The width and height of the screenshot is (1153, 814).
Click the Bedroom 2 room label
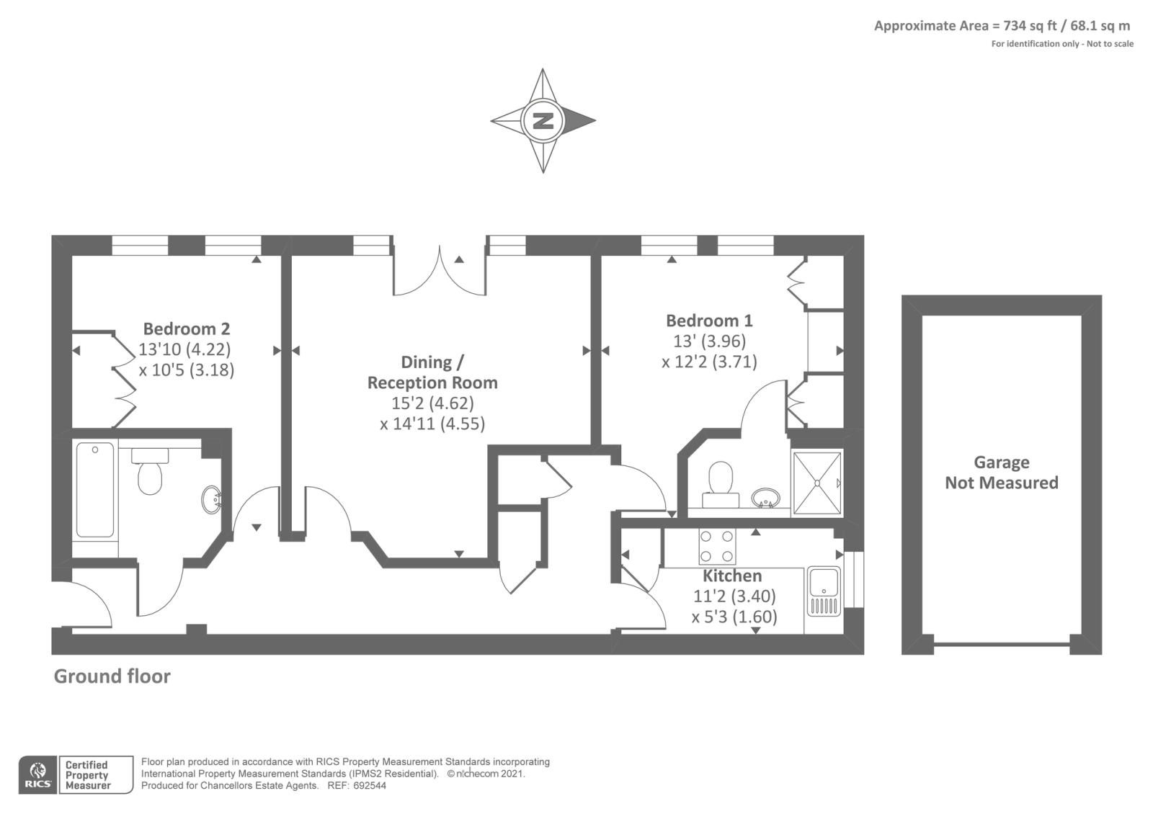[x=187, y=328]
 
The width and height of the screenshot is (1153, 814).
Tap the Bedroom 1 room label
[x=709, y=321]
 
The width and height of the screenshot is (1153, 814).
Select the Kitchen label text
[x=732, y=576]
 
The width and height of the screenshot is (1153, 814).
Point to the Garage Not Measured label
[x=1002, y=473]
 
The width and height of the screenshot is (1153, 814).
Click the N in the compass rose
[x=543, y=121]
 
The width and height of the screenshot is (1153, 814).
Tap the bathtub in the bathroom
[x=95, y=489]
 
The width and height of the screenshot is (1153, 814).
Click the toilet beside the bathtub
[x=150, y=471]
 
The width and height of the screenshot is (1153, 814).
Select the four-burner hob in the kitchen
[x=716, y=547]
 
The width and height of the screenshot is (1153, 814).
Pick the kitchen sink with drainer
[x=824, y=591]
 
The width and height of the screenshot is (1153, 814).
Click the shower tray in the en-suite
[x=817, y=483]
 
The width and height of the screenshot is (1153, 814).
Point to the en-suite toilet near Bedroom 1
[x=721, y=484]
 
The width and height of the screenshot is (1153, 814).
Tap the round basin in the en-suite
[x=765, y=498]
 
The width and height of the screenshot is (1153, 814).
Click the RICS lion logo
[x=38, y=775]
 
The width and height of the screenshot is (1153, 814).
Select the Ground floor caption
[x=112, y=676]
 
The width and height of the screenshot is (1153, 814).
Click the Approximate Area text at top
[x=1002, y=26]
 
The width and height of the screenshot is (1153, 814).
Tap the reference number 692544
[x=370, y=786]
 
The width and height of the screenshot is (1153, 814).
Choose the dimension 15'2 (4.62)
[x=433, y=403]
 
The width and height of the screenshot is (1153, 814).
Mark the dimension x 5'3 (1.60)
[x=734, y=617]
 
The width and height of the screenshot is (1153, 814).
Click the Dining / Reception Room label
[x=432, y=372]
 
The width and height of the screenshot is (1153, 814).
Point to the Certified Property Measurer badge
[x=96, y=775]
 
